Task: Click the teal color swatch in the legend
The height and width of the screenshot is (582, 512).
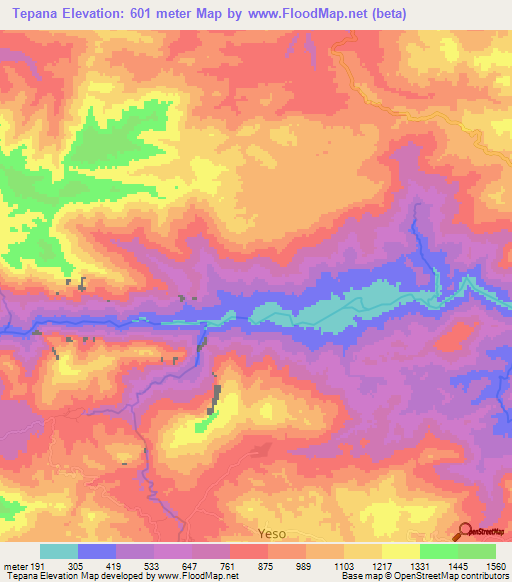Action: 58,551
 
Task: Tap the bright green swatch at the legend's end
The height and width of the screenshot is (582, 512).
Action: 477,551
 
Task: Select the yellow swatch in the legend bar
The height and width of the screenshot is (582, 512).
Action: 400,551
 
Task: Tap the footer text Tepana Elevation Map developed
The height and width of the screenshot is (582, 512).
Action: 60,576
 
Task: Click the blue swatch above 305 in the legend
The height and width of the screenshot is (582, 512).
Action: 96,551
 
